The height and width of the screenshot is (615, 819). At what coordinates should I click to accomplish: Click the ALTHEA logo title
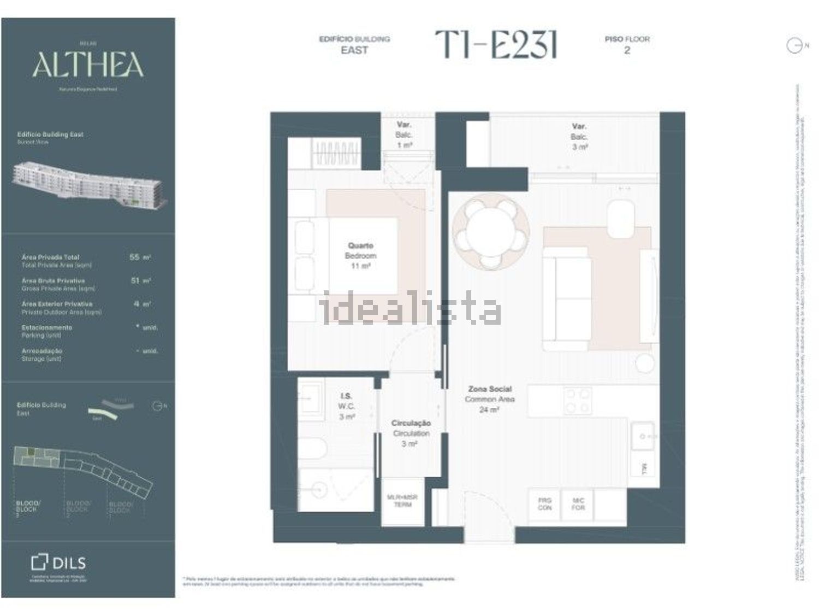87,65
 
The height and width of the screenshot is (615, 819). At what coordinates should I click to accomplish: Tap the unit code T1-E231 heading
496,44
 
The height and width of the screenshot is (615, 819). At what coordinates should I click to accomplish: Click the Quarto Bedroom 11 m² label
360,256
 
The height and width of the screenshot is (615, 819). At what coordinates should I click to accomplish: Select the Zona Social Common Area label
490,399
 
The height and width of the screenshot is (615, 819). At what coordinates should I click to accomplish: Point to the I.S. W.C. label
346,406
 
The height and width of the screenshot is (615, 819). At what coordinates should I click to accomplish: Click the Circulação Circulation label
411,433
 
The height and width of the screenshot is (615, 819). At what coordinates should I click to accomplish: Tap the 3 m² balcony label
579,137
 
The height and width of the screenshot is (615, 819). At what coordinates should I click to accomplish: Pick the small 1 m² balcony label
404,135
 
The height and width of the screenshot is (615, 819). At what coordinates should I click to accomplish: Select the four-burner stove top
577,401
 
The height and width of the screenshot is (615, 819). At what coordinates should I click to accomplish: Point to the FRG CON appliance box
544,504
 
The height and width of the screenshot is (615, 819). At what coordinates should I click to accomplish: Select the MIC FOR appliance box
578,504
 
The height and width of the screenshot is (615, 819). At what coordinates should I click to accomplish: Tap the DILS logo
58,563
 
